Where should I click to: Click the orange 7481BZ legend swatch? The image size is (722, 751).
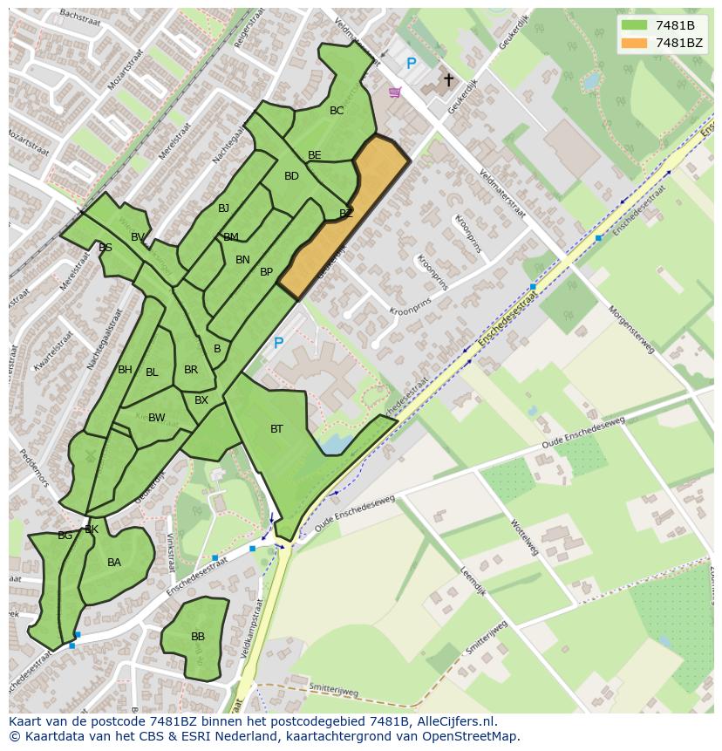634,43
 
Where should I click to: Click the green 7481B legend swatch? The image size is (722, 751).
634,25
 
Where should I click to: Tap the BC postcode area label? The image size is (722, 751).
337,111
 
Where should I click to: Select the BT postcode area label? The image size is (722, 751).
276,428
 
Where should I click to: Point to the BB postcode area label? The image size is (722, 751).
198,637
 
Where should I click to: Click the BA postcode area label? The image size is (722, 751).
114,563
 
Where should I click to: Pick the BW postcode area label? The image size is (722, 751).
156,418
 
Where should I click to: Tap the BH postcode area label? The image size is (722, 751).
125,370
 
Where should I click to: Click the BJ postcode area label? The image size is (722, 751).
223,208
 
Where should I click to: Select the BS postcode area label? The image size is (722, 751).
106,248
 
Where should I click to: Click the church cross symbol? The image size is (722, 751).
448,80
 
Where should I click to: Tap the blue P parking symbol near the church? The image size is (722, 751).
411,64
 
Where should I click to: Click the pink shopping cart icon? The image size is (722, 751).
395,92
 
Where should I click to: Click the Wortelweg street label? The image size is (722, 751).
525,536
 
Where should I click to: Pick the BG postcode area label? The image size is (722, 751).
65,535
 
